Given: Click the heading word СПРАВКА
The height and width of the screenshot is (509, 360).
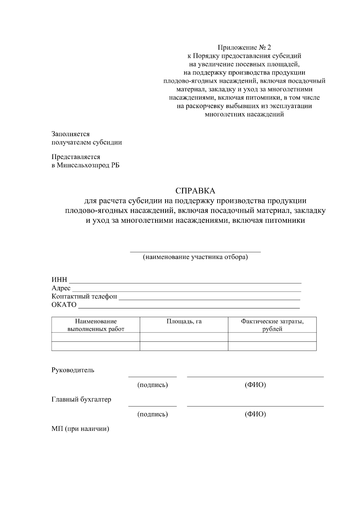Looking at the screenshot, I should (x=195, y=191).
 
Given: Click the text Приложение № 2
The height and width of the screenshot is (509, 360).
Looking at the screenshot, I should (x=244, y=47).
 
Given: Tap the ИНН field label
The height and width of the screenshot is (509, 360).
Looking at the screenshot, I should (x=59, y=280).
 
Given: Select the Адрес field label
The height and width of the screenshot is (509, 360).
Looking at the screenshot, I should (x=61, y=288).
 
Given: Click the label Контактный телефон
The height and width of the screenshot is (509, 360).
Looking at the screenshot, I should (x=84, y=296).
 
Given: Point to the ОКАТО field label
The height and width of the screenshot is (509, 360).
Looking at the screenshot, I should (x=64, y=305).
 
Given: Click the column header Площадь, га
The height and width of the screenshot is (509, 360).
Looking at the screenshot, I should (x=184, y=322).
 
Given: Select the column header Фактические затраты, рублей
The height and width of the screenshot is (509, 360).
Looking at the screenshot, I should (x=272, y=325).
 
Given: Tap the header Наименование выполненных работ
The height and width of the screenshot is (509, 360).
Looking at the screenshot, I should (x=96, y=325).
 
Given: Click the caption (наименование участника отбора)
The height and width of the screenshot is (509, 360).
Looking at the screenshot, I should (x=195, y=257).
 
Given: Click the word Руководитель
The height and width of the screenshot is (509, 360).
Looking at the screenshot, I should (x=73, y=370).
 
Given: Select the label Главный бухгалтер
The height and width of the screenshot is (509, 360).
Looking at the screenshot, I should (x=81, y=399).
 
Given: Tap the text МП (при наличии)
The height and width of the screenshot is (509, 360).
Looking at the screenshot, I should (x=80, y=429).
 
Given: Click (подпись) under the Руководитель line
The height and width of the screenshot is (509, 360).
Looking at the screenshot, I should (x=152, y=385).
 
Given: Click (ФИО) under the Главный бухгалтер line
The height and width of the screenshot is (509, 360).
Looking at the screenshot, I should (x=255, y=414).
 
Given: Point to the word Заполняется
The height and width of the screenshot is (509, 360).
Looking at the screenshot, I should (x=70, y=134).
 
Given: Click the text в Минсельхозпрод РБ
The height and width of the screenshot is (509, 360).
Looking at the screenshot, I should (x=85, y=165).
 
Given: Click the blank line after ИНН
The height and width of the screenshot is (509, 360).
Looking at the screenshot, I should (x=185, y=282).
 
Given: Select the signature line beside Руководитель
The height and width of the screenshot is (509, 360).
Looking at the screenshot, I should (x=152, y=377).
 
